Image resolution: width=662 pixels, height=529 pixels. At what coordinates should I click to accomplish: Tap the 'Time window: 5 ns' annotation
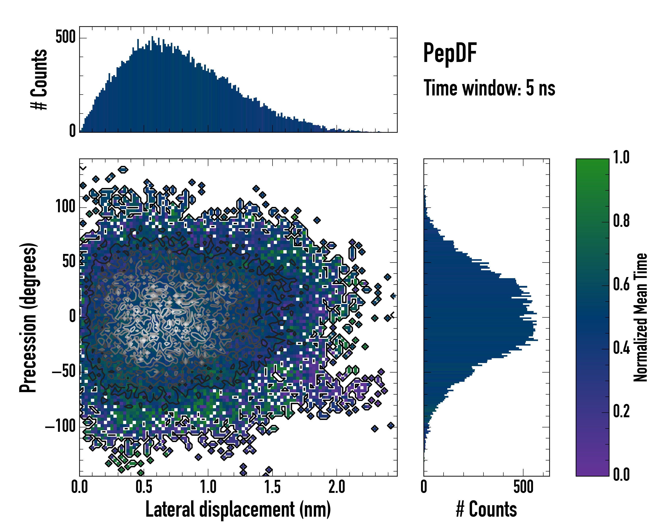coord(489,88)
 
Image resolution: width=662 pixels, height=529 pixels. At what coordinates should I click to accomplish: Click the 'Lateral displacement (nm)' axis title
coord(238,509)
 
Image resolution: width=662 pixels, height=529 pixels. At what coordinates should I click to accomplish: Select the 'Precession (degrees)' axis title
coord(28,317)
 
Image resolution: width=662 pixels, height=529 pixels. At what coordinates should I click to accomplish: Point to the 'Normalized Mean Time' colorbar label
coord(641,317)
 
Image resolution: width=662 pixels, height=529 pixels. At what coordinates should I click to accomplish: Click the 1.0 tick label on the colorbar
coord(621,158)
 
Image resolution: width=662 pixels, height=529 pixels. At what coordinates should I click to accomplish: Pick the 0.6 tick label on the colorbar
coord(621,285)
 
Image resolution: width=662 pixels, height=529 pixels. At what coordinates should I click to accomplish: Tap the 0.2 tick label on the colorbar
coord(621,412)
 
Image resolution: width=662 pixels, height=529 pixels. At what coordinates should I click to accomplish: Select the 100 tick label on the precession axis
coord(65,207)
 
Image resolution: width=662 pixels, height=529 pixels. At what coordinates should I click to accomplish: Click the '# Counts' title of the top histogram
coord(39,79)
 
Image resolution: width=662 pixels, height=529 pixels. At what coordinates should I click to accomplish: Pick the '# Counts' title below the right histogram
coord(486,509)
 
